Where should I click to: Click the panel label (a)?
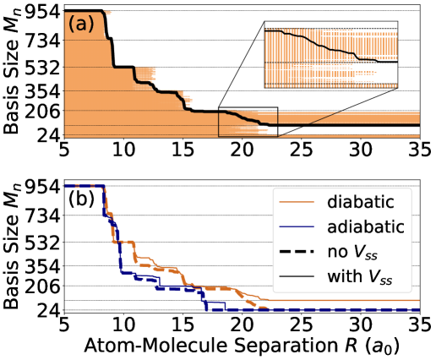tap(80, 25)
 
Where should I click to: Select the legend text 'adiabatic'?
tap(366, 226)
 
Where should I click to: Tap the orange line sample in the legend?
tap(295, 202)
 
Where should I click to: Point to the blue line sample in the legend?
tap(295, 226)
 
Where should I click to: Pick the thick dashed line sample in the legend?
tap(295, 251)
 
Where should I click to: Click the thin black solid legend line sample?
tap(295, 275)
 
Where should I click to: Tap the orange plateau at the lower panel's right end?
tap(355, 300)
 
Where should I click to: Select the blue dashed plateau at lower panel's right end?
tap(355, 310)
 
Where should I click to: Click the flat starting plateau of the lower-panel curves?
tap(83, 185)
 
